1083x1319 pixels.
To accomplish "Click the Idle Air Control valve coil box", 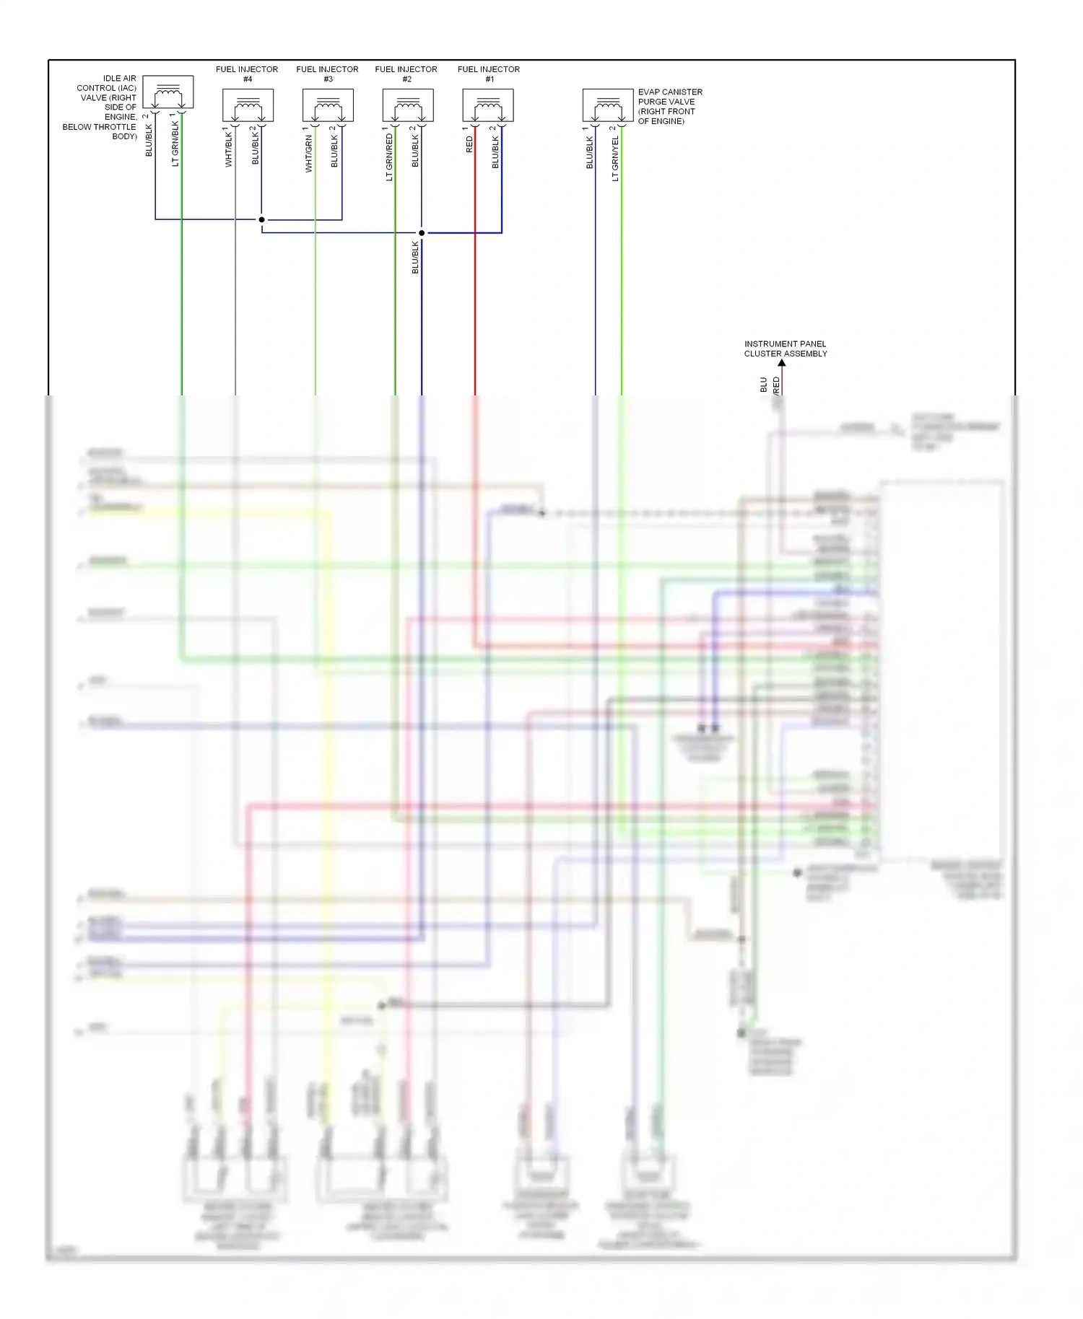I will (x=168, y=92).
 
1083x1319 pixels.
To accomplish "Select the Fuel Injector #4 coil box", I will (x=248, y=106).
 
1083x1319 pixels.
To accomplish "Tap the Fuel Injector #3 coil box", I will (x=328, y=106).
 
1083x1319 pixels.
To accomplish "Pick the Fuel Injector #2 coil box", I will (x=408, y=106).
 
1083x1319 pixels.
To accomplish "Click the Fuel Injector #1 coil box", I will (x=488, y=106).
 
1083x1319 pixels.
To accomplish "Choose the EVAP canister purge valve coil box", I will (x=608, y=106).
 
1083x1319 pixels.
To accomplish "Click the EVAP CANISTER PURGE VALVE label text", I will (x=669, y=106).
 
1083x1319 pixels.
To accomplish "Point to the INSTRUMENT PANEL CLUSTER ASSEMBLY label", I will (x=786, y=349).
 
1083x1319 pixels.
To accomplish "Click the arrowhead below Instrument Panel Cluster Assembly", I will (x=781, y=363).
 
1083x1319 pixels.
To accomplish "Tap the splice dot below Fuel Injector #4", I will (x=261, y=219).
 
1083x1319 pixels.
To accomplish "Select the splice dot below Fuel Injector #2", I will (x=422, y=233).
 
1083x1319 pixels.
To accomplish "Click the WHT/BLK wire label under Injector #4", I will (x=228, y=150).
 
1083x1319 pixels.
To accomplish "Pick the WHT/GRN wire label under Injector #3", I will (x=308, y=154).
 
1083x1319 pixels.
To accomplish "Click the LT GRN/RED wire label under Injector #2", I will (x=389, y=157).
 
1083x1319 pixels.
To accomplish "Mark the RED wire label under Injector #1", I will (x=469, y=144).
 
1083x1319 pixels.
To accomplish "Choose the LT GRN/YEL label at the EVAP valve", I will (x=615, y=159).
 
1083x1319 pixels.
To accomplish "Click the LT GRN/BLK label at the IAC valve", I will (x=175, y=144).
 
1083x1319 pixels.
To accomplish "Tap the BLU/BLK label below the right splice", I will (x=415, y=258).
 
